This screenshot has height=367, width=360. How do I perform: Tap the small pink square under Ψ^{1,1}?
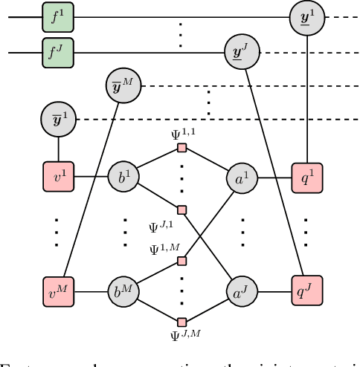[x=181, y=149]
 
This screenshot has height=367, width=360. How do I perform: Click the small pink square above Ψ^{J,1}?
[x=181, y=209]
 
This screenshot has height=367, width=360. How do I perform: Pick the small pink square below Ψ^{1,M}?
[x=181, y=262]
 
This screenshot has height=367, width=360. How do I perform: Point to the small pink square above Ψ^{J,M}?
[x=181, y=322]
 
